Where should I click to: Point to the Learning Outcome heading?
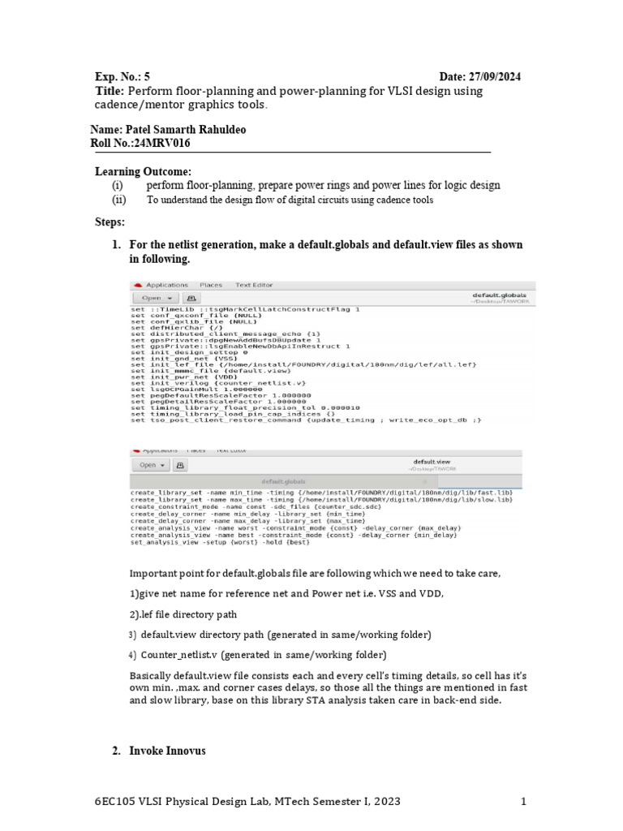(x=143, y=171)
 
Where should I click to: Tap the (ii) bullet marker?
(x=118, y=200)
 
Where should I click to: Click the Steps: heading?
(x=110, y=222)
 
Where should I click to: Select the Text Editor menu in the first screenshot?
(x=254, y=285)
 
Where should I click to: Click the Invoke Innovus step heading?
(x=167, y=751)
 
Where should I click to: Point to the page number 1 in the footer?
(x=524, y=802)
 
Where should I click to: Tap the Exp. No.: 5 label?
(x=122, y=76)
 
